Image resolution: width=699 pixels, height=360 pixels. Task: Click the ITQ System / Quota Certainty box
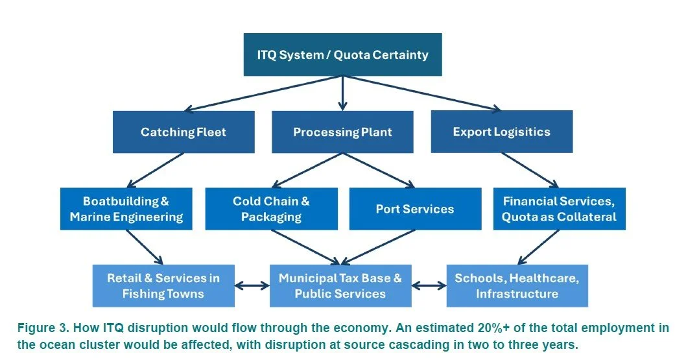pyautogui.click(x=342, y=54)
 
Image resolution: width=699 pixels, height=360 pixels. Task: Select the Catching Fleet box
pyautogui.click(x=184, y=132)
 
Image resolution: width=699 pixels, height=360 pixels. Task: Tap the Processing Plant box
pyautogui.click(x=342, y=132)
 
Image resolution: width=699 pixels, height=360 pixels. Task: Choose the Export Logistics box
pyautogui.click(x=501, y=132)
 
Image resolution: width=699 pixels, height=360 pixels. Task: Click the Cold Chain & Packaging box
pyautogui.click(x=271, y=209)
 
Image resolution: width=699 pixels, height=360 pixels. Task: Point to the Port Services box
pyautogui.click(x=415, y=209)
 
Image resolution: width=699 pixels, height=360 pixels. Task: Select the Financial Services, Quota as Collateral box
pyautogui.click(x=559, y=209)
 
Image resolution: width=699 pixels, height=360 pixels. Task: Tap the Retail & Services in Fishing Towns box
pyautogui.click(x=163, y=286)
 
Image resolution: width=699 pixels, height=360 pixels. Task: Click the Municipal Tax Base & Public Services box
pyautogui.click(x=340, y=286)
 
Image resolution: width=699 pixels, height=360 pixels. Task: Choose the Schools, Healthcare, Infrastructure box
pyautogui.click(x=517, y=286)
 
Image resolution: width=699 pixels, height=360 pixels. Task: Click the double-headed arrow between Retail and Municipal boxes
pyautogui.click(x=252, y=285)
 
